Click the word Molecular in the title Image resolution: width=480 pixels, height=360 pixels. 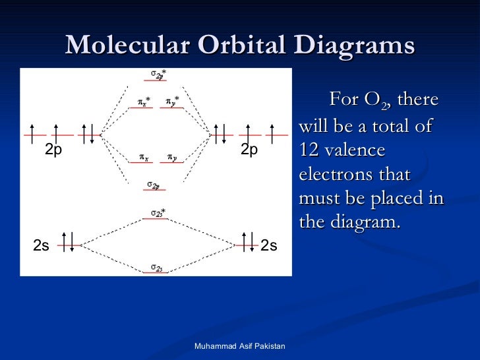coord(126,46)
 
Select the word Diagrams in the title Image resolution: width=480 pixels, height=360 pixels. coord(356,46)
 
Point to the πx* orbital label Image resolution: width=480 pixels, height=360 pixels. coord(144,101)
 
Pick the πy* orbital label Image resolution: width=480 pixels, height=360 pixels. coord(172,101)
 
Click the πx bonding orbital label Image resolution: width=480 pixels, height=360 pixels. coord(143,158)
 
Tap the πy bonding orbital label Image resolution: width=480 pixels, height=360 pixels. coord(171,158)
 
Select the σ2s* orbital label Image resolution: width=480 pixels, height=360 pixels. coord(158,212)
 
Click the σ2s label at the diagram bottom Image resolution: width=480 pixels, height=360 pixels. coord(157,267)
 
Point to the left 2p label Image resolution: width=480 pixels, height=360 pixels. coord(53,150)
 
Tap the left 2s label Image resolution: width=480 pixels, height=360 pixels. coord(41,246)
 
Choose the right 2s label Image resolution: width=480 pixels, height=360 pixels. coord(269,246)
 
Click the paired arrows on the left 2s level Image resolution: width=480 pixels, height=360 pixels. coord(67,242)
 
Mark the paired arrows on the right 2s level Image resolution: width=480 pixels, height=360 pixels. coord(248,242)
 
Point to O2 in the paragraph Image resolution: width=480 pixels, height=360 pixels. coord(376,101)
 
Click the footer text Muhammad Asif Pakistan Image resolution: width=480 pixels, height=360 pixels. coord(241,346)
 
